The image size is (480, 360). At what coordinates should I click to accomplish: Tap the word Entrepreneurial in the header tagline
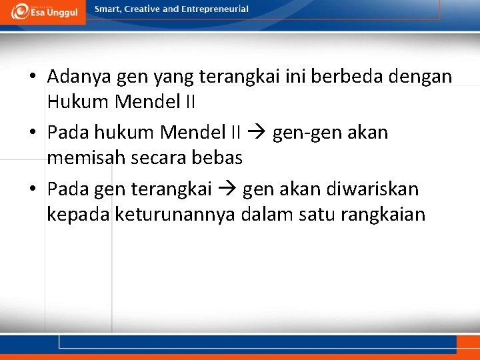[215, 9]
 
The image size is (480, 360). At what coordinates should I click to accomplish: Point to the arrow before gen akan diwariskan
[227, 189]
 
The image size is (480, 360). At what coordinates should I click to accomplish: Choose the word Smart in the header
[107, 9]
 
